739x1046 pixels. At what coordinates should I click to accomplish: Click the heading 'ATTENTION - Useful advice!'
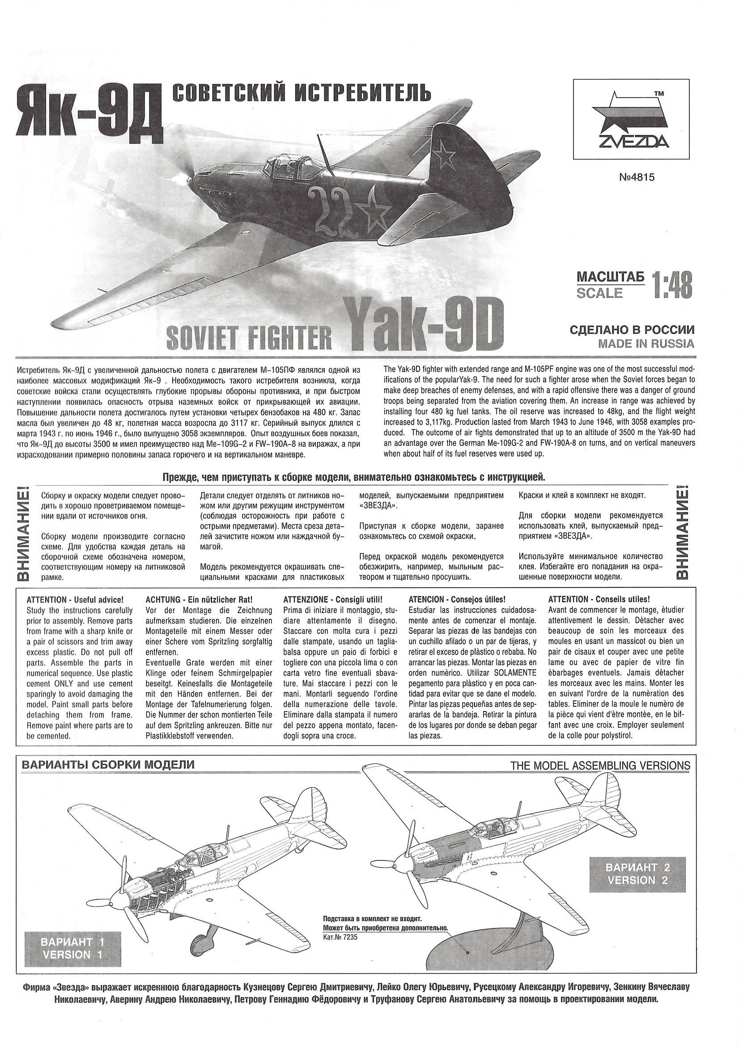tap(75, 600)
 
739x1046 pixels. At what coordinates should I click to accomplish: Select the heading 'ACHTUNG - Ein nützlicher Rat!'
tap(198, 600)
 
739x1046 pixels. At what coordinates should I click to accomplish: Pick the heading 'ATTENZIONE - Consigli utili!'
tap(333, 600)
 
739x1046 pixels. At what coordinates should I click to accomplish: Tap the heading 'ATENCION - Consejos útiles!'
tap(457, 600)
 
